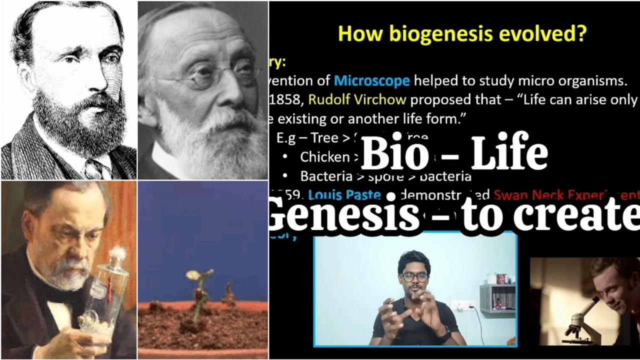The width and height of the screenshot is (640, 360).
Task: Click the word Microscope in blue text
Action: coord(371,80)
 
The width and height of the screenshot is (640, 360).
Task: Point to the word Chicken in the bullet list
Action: coord(324,157)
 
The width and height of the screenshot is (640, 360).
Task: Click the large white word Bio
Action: coord(394,153)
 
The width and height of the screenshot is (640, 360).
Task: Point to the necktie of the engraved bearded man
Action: coord(93,168)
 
